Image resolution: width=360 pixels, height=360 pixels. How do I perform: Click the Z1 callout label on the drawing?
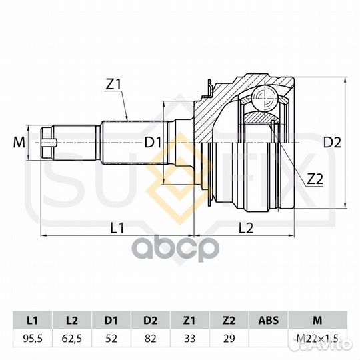[x=113, y=85]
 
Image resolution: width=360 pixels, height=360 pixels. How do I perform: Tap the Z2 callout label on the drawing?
[x=315, y=179]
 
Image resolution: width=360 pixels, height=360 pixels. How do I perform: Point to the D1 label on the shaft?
[x=153, y=143]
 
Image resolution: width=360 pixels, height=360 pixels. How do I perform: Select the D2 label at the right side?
[x=332, y=143]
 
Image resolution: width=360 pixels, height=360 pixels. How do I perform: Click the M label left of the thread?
[x=19, y=143]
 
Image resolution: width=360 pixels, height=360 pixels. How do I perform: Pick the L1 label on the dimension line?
[x=117, y=228]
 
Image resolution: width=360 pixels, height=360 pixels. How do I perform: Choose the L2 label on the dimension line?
[x=246, y=228]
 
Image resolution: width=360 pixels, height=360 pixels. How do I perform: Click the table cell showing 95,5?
[x=33, y=339]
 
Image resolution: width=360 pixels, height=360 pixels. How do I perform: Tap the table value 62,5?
[x=72, y=339]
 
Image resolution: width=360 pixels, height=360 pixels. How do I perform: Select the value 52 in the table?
[x=111, y=339]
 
